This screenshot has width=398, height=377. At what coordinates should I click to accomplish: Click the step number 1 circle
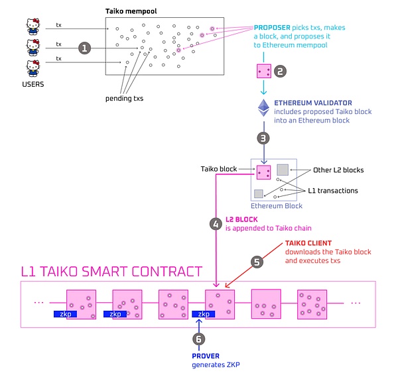click(84, 48)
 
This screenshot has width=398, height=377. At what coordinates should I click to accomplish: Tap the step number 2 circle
click(280, 72)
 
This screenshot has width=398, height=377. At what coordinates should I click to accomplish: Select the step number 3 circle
click(263, 138)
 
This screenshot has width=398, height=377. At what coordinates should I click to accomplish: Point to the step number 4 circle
click(216, 224)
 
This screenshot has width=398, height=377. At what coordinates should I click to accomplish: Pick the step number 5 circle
click(257, 262)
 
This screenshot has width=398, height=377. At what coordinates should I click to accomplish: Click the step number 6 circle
click(199, 339)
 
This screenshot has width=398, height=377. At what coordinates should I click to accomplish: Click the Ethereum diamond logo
click(264, 108)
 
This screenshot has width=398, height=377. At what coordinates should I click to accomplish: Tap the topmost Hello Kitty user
click(33, 26)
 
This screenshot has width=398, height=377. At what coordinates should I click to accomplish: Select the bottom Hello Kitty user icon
click(33, 68)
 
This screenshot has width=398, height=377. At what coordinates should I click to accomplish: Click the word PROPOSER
click(272, 28)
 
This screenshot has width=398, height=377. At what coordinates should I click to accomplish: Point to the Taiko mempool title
click(131, 11)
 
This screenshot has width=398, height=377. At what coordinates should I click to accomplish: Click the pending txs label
click(125, 98)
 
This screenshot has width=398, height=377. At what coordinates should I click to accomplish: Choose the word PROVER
click(206, 356)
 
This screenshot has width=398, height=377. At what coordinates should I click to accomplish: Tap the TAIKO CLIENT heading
click(308, 243)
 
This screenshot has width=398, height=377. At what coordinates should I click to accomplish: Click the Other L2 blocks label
click(338, 170)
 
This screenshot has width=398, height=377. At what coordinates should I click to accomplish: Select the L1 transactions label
click(333, 191)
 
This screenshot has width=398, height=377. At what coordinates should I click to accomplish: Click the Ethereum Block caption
click(277, 206)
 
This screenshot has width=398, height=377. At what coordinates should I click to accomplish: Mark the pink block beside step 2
click(264, 71)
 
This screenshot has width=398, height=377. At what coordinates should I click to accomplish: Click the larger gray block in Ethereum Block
click(283, 170)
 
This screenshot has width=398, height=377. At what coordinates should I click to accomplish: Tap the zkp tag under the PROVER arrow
click(204, 314)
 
